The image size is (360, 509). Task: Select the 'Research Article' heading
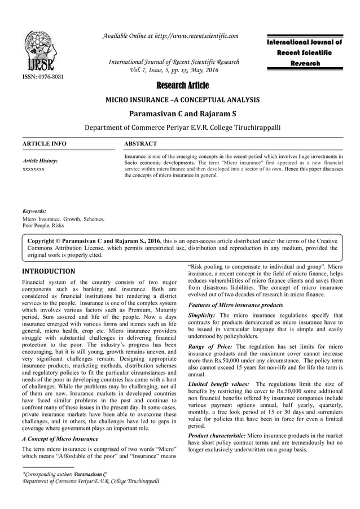[179, 86]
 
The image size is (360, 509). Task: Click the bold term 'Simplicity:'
[201, 315]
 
